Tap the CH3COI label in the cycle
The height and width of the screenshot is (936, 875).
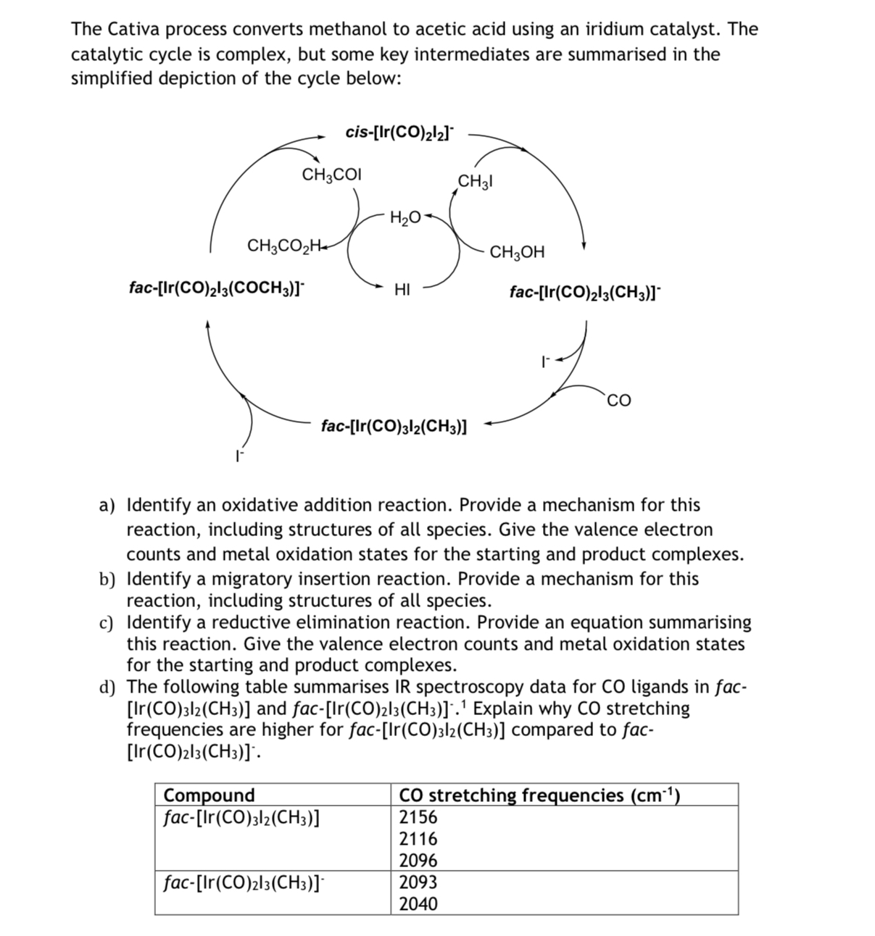click(x=332, y=175)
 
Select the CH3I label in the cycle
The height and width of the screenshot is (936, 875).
click(x=476, y=181)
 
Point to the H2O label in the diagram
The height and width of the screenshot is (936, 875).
click(x=405, y=216)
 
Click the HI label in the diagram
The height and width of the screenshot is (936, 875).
click(x=402, y=291)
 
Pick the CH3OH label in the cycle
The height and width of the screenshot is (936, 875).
click(x=517, y=252)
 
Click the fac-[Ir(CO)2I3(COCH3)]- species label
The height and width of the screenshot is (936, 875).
click(x=217, y=288)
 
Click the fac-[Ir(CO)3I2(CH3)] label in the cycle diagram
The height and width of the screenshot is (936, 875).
click(x=394, y=426)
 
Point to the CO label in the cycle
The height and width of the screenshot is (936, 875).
click(x=620, y=400)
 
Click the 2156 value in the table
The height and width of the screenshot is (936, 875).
click(x=419, y=817)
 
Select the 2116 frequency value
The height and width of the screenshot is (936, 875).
click(x=419, y=839)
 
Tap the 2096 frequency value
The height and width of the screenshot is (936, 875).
click(x=419, y=861)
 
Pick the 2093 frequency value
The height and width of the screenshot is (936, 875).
click(x=419, y=882)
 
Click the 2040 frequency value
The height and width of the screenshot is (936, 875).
click(x=419, y=904)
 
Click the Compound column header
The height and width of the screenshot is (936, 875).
click(x=210, y=795)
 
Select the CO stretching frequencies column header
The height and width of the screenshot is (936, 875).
click(x=539, y=795)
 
